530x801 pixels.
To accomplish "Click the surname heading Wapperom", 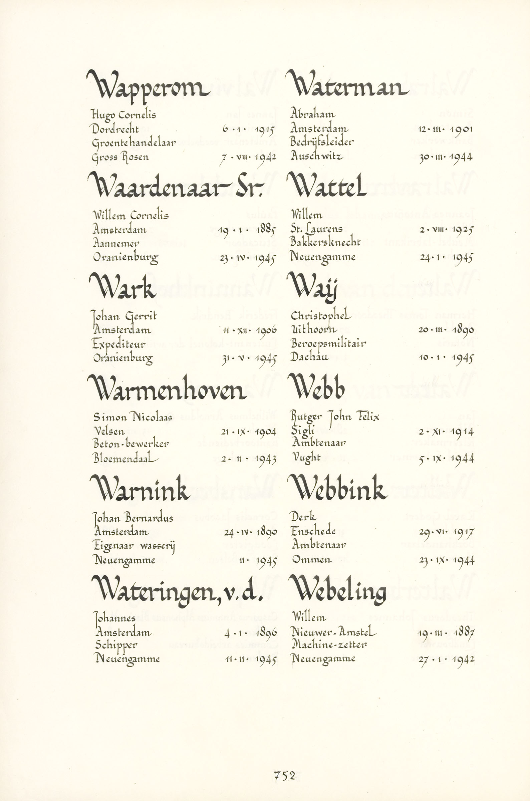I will (x=148, y=86).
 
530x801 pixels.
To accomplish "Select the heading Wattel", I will (x=326, y=186).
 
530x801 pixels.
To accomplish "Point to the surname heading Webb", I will (x=317, y=388).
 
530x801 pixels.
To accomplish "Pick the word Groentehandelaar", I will (x=134, y=143).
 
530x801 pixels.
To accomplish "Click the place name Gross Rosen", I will (x=120, y=158).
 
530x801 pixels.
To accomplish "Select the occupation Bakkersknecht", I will (x=325, y=242).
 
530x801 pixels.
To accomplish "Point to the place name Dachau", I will (x=309, y=357).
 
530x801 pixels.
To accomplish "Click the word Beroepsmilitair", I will (x=328, y=344).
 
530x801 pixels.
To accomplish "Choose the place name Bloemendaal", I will (x=125, y=459).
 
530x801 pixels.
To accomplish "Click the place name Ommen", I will (x=312, y=560).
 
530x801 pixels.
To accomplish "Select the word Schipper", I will (x=116, y=645).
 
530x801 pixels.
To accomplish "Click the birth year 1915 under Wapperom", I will (x=265, y=129).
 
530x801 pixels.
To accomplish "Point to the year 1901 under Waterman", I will (x=462, y=129).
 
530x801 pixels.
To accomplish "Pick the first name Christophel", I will (x=320, y=316).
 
